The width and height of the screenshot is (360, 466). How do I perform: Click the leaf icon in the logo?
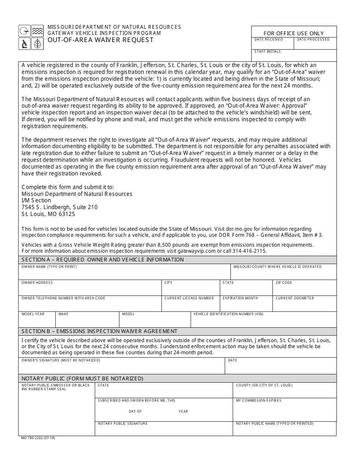(x=37, y=44)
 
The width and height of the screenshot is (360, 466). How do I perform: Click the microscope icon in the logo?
(x=24, y=44)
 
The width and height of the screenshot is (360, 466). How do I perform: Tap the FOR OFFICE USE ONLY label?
(x=294, y=33)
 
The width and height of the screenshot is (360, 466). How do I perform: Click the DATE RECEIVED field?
(x=272, y=44)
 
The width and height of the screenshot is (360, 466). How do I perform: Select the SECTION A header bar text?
(x=103, y=260)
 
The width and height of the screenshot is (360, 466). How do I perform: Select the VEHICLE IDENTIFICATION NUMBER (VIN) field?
(x=263, y=321)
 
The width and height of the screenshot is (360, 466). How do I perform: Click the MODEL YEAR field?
(x=37, y=321)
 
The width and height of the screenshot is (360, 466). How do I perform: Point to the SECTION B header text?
(x=99, y=331)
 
